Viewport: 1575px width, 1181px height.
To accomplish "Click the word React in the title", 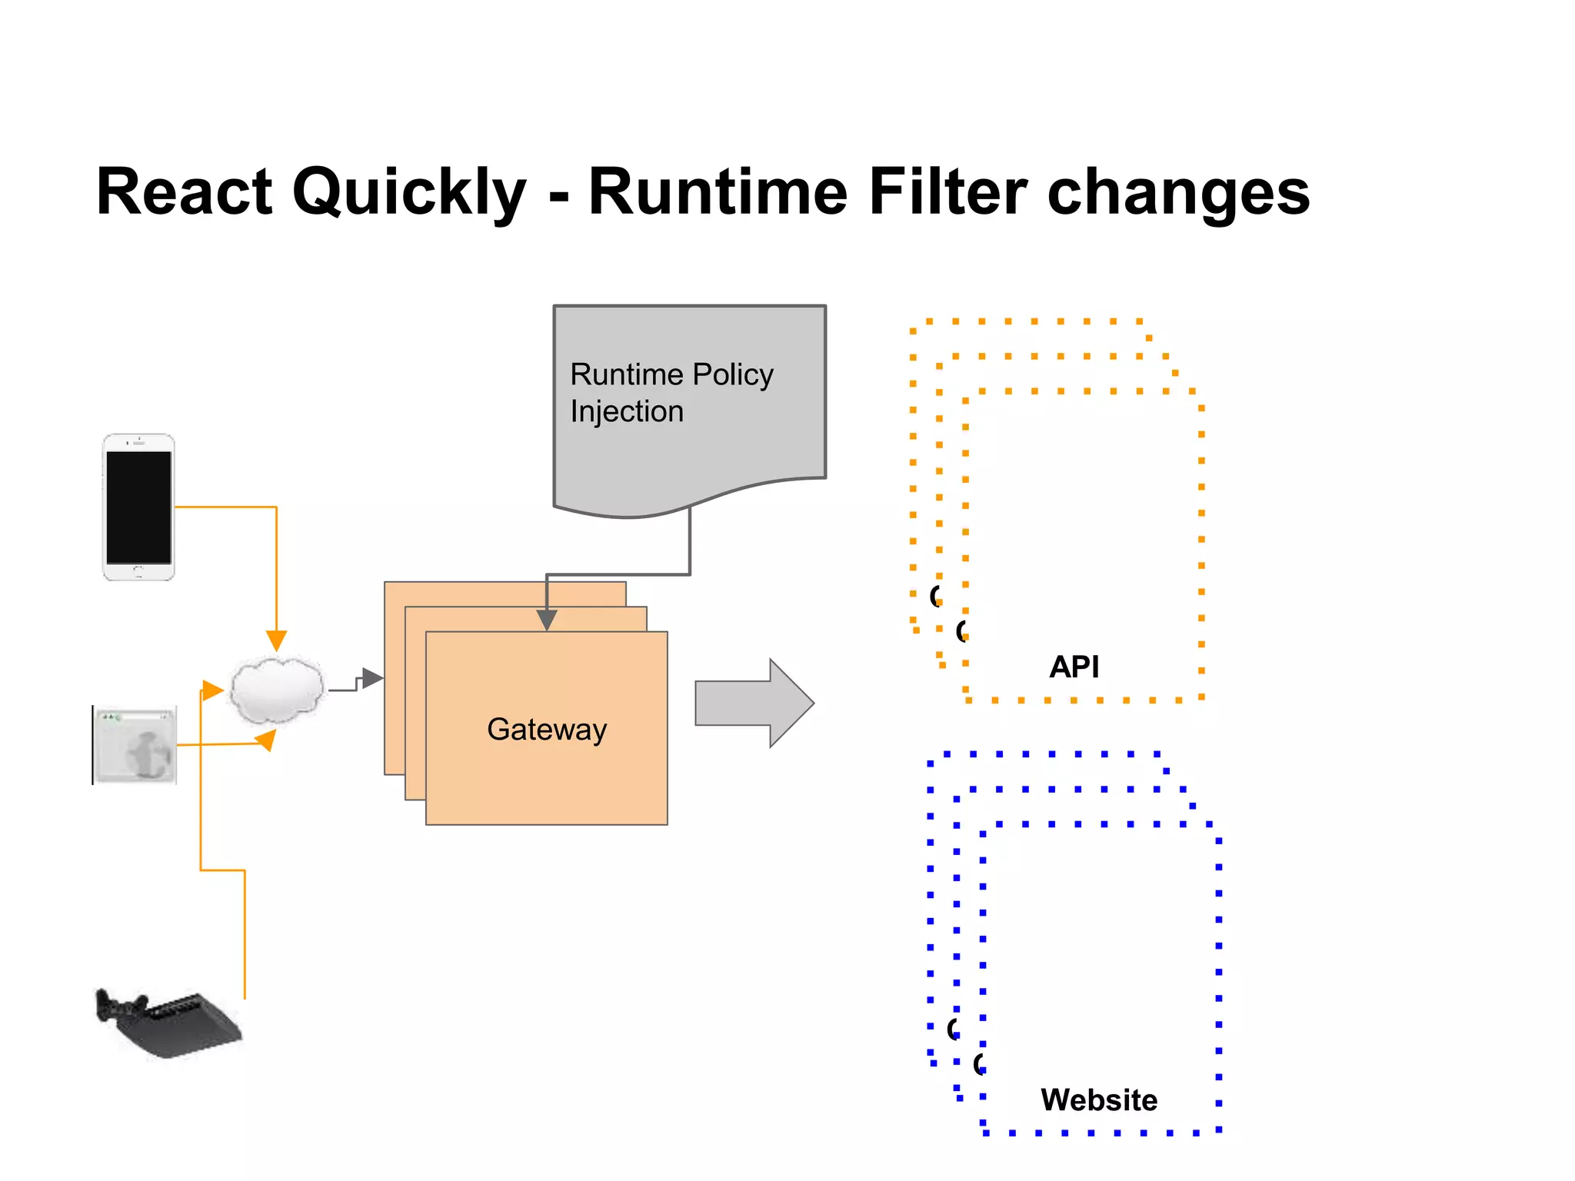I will [184, 192].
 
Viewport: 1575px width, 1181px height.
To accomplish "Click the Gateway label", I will [547, 729].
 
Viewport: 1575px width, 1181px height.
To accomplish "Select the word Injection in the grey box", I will [627, 411].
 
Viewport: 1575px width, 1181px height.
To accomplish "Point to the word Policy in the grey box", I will [732, 374].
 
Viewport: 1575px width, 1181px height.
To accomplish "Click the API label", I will [1074, 666].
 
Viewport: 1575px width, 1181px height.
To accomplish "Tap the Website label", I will [1098, 1099].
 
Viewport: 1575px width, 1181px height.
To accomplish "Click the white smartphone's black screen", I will [138, 507].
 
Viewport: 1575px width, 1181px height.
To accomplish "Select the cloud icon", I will [277, 690].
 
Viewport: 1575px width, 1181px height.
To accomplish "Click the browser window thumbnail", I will [135, 745].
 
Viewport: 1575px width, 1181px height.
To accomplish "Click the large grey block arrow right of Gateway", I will [754, 703].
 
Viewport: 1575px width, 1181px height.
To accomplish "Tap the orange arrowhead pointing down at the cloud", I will [276, 640].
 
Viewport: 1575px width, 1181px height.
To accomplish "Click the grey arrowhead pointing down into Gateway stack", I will [546, 620].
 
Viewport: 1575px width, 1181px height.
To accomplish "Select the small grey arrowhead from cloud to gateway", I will [372, 677].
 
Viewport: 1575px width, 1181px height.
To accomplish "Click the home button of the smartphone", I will [138, 571].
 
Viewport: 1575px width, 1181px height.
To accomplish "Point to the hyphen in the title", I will [559, 197].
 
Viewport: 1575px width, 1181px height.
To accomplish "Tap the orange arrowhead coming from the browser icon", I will [265, 740].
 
